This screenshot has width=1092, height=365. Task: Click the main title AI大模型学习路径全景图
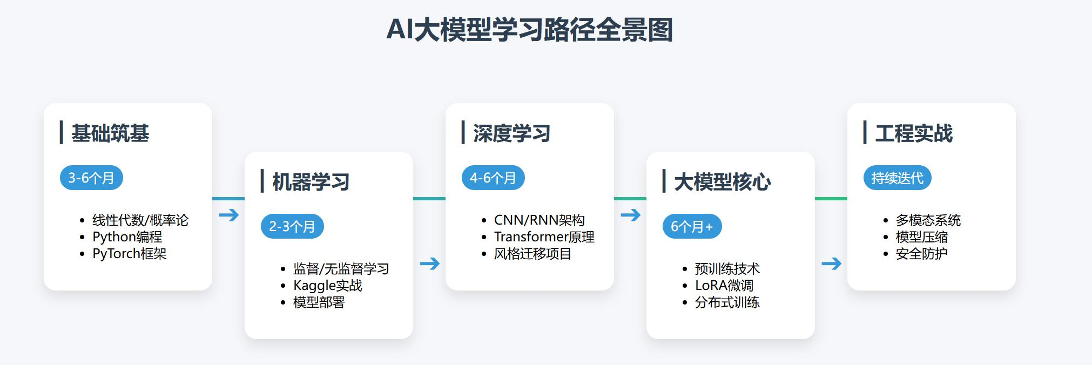pos(529,30)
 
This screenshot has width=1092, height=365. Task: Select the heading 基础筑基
pos(110,133)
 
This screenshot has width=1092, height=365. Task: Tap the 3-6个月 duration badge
pos(91,178)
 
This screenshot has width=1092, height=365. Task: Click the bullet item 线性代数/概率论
pos(140,220)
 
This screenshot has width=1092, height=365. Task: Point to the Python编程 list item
pos(127,237)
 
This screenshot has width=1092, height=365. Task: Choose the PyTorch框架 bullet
pos(129,254)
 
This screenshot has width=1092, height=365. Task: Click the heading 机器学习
pos(311,182)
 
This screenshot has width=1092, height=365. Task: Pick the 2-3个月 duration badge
pos(292,227)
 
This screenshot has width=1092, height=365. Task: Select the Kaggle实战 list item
pos(327,286)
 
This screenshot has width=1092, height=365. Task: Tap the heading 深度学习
pos(511,133)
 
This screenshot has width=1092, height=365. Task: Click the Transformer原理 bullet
pos(544,237)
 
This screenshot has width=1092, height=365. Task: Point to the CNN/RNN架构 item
pos(539,220)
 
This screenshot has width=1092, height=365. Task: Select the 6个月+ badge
pos(692,227)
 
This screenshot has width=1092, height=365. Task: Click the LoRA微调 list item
pos(724,286)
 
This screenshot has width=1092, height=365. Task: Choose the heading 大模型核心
pos(722,182)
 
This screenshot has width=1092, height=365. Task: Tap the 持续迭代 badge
pos(897,178)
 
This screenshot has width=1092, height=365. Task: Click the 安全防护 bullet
pos(921,254)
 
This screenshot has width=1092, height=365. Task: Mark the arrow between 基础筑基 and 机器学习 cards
pos(229,215)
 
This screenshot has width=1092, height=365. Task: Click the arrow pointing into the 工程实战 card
pos(831,263)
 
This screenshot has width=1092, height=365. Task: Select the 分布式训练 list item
pos(727,302)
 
